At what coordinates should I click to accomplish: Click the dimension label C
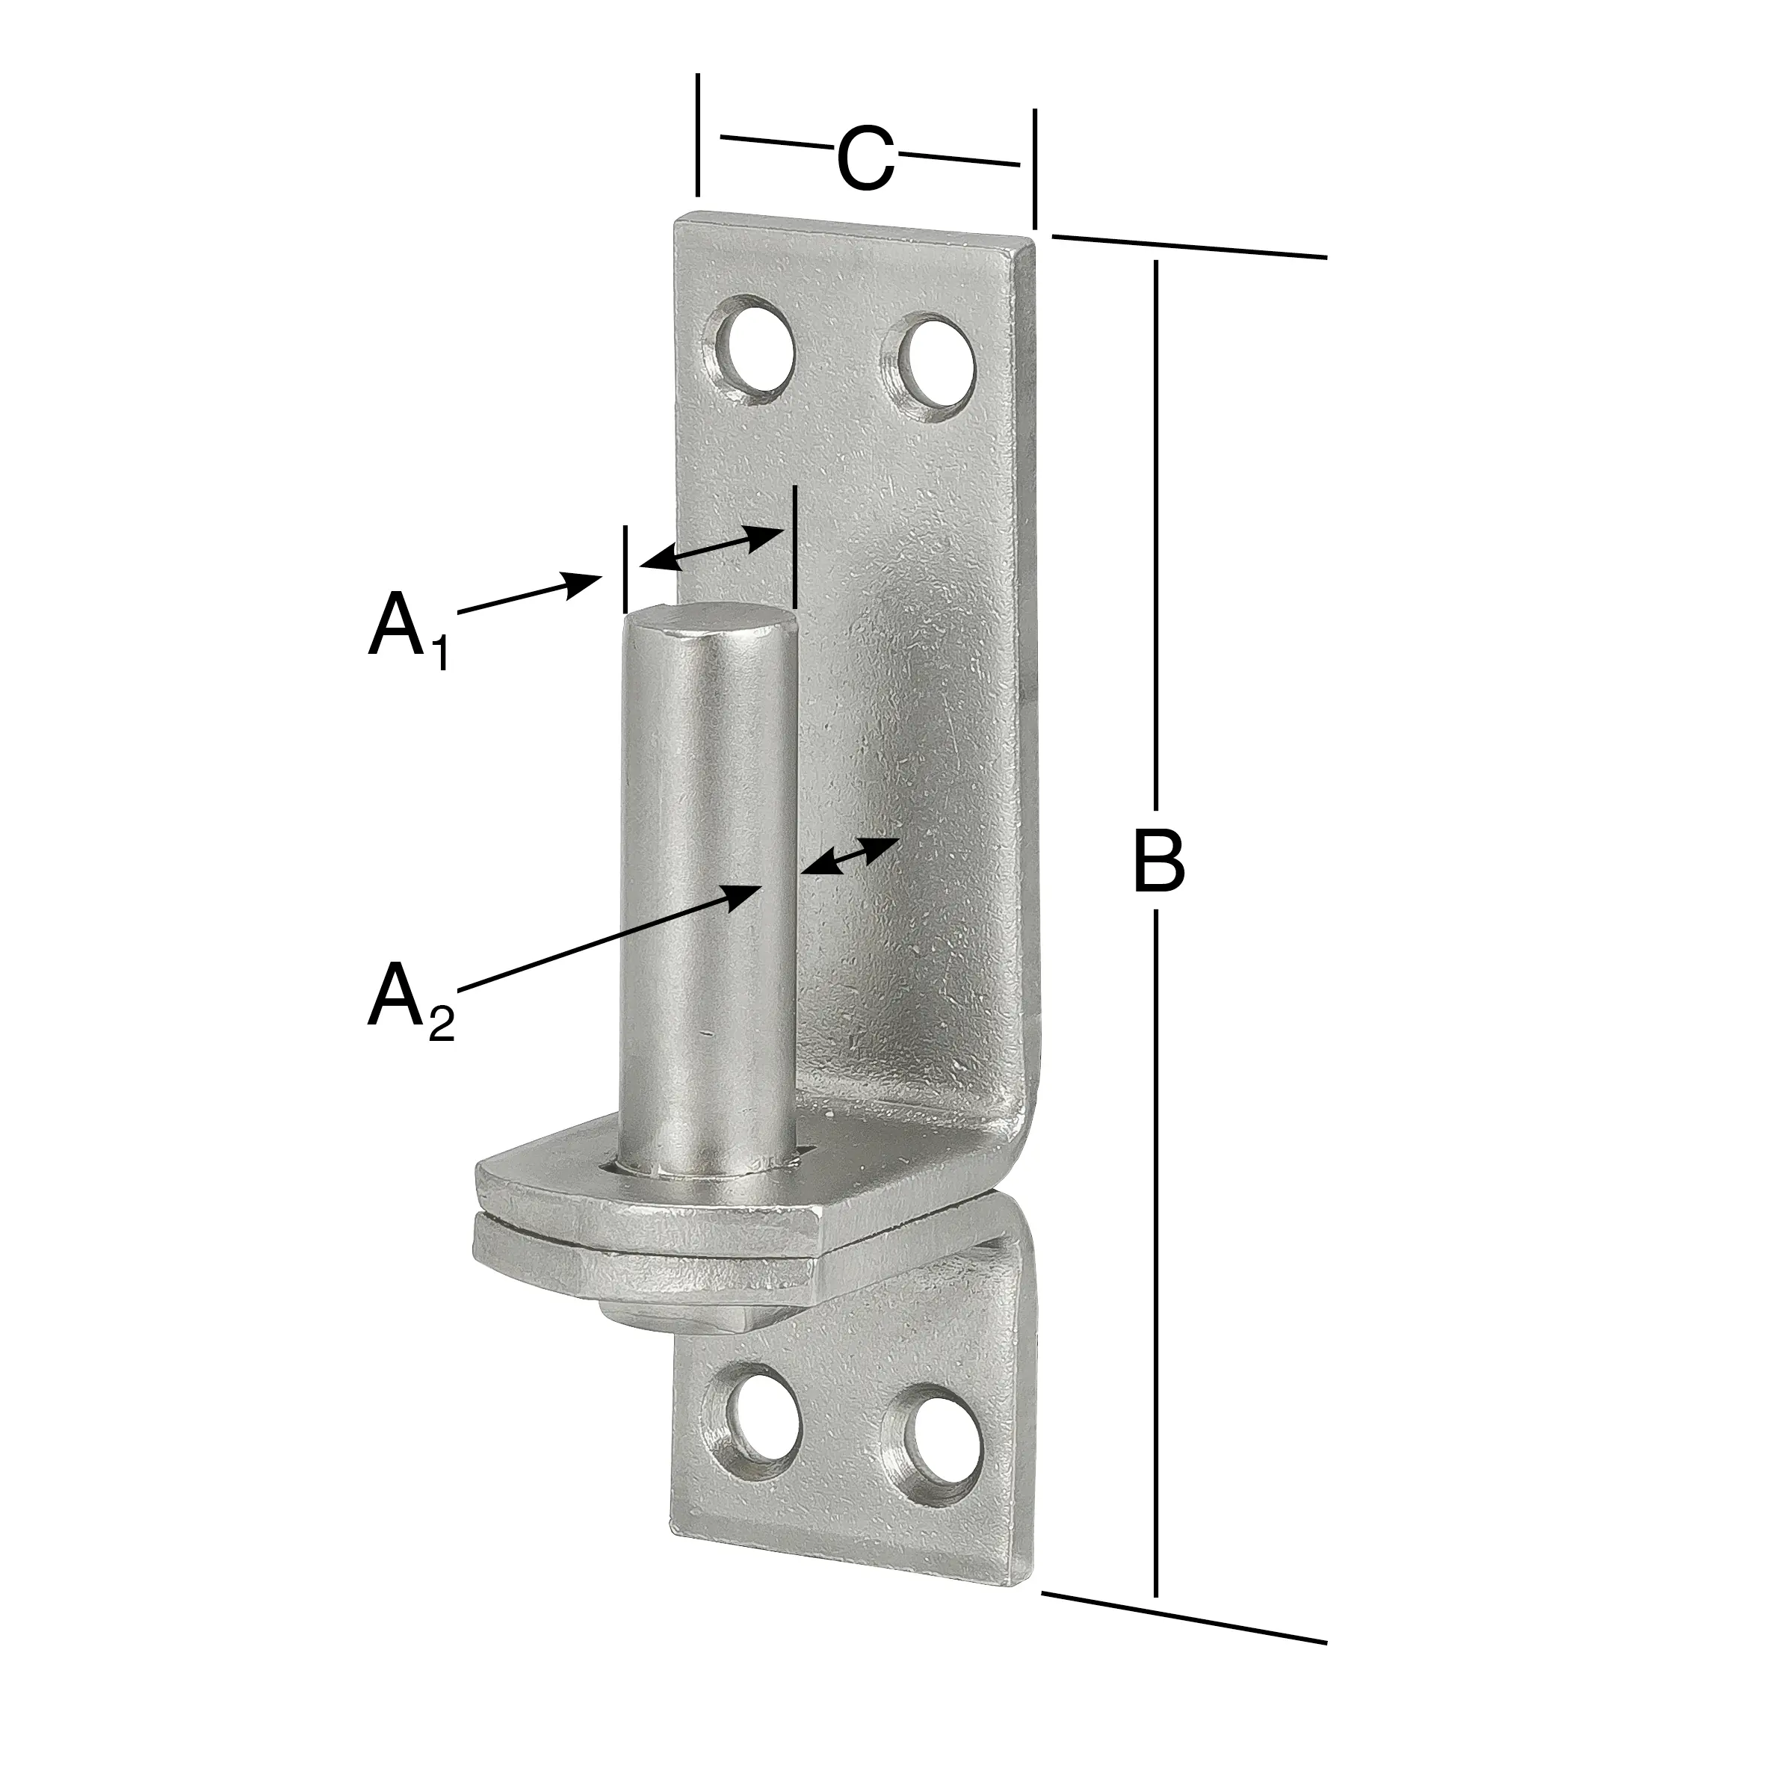coord(865,160)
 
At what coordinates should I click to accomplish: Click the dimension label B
coord(1157,861)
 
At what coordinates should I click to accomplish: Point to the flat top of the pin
coord(711,624)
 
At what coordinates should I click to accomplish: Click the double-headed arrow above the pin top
coord(711,549)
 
